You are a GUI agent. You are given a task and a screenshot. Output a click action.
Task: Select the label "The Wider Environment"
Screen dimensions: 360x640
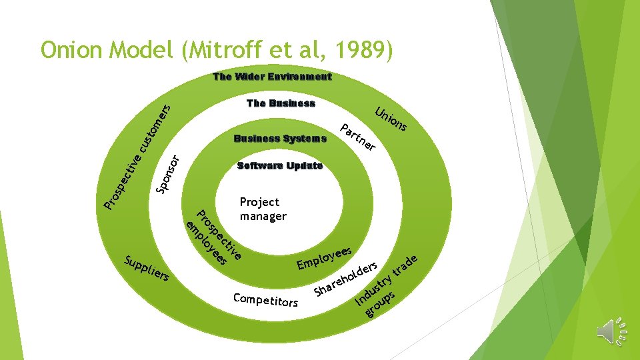272,77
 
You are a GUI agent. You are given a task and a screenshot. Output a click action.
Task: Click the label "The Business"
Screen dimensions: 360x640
281,103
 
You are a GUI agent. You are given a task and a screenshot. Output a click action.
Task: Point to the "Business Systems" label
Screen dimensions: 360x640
280,139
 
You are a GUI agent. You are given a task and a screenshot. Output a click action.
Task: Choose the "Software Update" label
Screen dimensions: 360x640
280,166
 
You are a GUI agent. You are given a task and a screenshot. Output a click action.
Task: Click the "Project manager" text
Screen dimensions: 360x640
263,209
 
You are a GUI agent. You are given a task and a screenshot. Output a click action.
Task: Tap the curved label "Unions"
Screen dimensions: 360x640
391,118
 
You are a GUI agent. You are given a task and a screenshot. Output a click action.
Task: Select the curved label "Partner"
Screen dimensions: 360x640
358,137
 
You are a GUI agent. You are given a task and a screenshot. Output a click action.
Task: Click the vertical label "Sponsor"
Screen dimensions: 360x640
167,175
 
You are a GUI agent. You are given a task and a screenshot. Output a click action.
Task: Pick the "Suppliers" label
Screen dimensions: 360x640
147,267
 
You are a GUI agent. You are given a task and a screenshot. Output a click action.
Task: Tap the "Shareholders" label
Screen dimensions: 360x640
347,279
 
